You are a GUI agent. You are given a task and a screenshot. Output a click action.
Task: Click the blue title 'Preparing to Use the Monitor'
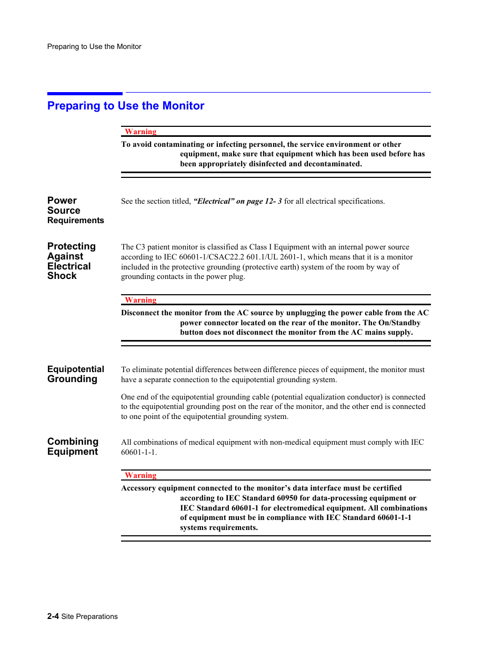pos(126,106)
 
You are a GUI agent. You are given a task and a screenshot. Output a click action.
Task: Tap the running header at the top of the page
pos(94,46)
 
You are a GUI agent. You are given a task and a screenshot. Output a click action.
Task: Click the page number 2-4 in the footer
pos(53,616)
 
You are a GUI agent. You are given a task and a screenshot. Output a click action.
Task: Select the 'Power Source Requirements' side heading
pos(75,211)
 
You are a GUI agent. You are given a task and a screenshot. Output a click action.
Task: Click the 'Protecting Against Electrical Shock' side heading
pos(71,261)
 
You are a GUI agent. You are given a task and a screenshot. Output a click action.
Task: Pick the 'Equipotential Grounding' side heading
pos(75,374)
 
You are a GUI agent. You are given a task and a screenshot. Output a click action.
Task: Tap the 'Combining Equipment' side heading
pos(73,446)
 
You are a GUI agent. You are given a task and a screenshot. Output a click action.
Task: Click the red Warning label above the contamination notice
pos(140,132)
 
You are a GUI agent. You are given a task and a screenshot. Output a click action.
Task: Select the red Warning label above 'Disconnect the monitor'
pos(140,300)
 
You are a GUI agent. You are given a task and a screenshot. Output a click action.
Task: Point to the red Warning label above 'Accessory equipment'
pos(140,475)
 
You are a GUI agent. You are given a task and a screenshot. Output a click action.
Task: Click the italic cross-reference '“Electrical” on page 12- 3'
pos(237,201)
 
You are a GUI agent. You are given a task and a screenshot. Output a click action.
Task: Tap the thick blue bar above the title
pos(85,94)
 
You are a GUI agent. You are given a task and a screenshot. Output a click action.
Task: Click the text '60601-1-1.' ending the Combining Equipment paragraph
pos(139,452)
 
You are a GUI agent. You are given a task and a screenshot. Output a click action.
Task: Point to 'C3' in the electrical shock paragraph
pos(140,247)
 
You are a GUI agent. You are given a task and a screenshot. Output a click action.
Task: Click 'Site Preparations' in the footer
pos(89,616)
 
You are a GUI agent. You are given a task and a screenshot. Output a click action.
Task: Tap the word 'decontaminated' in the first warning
pos(333,164)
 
